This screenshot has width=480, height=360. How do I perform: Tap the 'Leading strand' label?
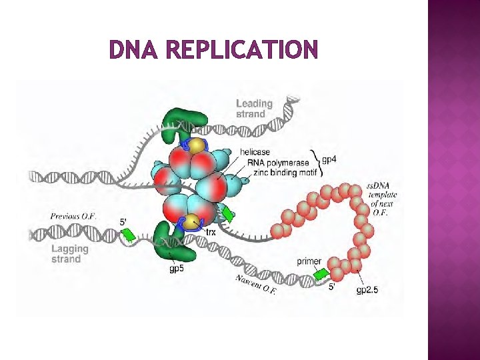pyautogui.click(x=254, y=108)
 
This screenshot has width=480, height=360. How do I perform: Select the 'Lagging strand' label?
pyautogui.click(x=69, y=253)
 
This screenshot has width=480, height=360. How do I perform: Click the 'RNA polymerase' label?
pyautogui.click(x=278, y=162)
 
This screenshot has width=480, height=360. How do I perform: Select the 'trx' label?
pyautogui.click(x=211, y=232)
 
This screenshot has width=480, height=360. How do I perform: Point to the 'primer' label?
pyautogui.click(x=310, y=261)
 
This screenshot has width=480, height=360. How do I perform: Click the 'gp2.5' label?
pyautogui.click(x=367, y=289)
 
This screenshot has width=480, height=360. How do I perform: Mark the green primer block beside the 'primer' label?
pyautogui.click(x=321, y=273)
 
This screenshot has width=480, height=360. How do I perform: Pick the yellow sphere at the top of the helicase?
pyautogui.click(x=196, y=145)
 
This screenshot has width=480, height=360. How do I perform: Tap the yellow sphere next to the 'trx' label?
pyautogui.click(x=193, y=223)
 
